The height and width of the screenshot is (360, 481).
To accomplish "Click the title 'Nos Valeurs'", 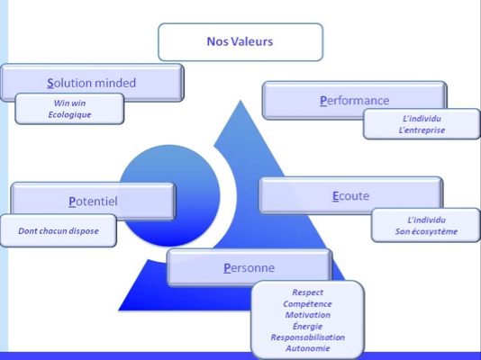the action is [x=240, y=41].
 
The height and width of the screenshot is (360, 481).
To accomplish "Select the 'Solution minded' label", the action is [x=91, y=83].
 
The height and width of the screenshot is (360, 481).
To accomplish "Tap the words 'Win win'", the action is [x=69, y=103].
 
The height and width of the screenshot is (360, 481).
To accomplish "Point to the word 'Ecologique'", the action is [x=69, y=115].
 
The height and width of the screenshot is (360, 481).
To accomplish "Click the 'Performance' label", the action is [x=355, y=101].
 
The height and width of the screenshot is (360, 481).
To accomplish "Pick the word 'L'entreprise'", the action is [x=422, y=130].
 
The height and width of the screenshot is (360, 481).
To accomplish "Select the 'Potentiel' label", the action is [x=93, y=202].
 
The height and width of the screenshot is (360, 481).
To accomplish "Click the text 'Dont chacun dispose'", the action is [x=59, y=231].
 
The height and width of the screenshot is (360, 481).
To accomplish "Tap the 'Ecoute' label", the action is [x=350, y=196].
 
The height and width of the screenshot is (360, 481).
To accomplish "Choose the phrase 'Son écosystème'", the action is [x=426, y=231].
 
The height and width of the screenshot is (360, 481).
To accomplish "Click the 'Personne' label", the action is [x=250, y=268].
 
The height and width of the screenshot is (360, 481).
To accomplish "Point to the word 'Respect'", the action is [x=307, y=292].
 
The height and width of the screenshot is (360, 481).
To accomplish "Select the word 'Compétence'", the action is [x=307, y=304].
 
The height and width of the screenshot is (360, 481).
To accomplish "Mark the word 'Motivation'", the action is [x=308, y=315].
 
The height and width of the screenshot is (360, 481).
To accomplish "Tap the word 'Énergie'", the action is [x=307, y=326].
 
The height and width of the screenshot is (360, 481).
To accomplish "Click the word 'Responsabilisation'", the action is [x=308, y=337].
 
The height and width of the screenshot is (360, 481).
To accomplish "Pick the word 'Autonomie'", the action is [x=308, y=348].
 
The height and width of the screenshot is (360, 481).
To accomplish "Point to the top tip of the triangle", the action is [x=240, y=100].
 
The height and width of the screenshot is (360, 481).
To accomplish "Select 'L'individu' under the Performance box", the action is [x=422, y=119].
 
